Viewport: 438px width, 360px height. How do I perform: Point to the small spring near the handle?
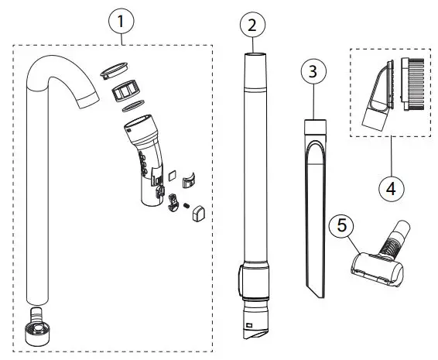(186, 204)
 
